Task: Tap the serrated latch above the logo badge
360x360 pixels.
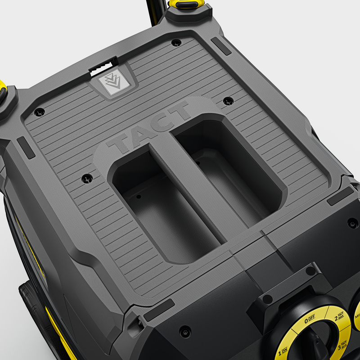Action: (x=103, y=66)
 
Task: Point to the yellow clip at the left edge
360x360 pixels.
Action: (x=3, y=92)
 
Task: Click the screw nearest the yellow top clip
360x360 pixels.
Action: (x=176, y=43)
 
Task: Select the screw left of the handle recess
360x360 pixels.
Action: (x=87, y=179)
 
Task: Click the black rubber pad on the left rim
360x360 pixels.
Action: (x=26, y=148)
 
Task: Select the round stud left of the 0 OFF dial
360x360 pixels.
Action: (x=268, y=299)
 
